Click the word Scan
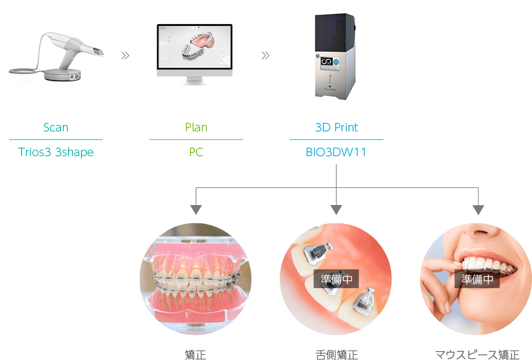tap(56, 127)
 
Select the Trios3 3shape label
tap(56, 153)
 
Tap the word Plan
tap(196, 127)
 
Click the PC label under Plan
tap(196, 153)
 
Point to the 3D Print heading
tap(336, 127)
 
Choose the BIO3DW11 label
tap(336, 153)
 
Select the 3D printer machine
tap(336, 56)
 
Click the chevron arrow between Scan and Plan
tap(125, 56)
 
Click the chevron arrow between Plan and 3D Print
tap(265, 56)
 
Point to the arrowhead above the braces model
tap(196, 210)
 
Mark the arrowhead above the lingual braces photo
tap(336, 210)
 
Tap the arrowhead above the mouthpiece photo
tap(478, 210)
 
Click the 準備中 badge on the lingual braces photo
tap(336, 279)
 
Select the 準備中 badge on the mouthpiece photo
tap(477, 279)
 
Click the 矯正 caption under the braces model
tap(195, 354)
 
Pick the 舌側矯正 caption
tap(336, 354)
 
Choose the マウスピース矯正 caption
tap(477, 354)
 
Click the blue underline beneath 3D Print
tap(336, 140)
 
